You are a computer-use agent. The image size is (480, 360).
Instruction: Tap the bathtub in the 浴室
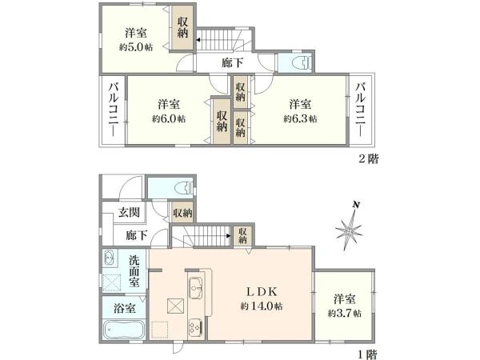click(x=124, y=330)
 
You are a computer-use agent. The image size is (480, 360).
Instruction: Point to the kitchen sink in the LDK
click(x=196, y=288)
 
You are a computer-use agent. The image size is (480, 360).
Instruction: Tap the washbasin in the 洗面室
click(x=109, y=258)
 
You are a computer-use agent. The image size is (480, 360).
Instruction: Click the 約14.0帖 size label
click(x=262, y=306)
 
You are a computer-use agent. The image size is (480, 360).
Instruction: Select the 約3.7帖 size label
click(x=344, y=313)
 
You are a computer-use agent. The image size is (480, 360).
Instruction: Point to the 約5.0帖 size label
click(x=136, y=47)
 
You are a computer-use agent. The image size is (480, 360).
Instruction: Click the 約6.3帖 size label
click(x=300, y=118)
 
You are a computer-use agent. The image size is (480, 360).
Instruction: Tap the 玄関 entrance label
click(x=129, y=212)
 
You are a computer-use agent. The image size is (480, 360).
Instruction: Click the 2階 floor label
click(x=368, y=158)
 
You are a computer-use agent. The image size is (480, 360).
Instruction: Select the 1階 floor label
click(x=368, y=354)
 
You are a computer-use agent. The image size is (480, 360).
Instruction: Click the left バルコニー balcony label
click(x=113, y=110)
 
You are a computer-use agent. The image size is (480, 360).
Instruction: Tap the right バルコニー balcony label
click(x=361, y=110)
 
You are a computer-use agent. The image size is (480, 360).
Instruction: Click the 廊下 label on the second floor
click(x=233, y=62)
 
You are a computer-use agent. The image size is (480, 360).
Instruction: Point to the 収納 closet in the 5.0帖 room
click(x=182, y=27)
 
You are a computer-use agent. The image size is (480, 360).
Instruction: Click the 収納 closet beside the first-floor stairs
click(x=242, y=235)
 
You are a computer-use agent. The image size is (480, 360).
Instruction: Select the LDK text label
click(x=262, y=292)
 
